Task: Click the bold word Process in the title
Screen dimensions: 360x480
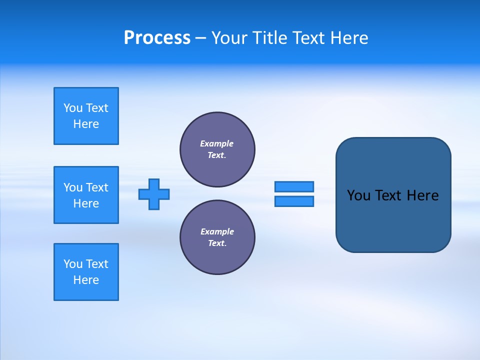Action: coord(157,38)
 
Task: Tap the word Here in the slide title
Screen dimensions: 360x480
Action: coord(350,38)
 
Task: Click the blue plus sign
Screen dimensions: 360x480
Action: coord(154,194)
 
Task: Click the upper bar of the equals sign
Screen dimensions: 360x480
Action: coord(294,186)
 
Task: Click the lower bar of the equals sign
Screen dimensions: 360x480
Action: coord(294,201)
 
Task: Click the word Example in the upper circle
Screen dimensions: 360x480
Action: coord(216,143)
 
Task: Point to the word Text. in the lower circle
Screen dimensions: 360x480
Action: coord(217,243)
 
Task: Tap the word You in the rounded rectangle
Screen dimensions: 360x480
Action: coord(358,195)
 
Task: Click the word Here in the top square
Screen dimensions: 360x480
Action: coord(86,124)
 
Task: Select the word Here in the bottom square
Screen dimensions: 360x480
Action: coord(86,280)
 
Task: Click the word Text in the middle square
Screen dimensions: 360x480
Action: coord(97,187)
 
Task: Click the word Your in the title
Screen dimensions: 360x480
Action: coord(229,38)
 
